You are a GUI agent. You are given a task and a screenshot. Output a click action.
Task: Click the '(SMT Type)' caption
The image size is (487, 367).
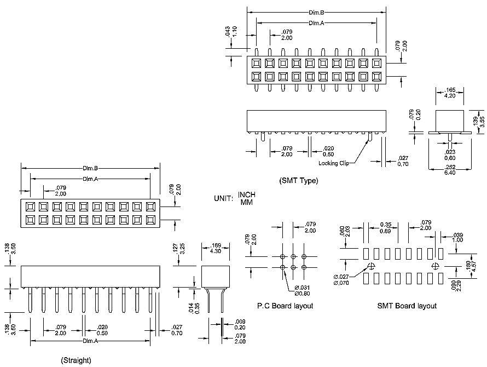click(298, 180)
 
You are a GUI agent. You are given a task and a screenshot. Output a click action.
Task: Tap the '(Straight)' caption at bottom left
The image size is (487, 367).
click(77, 360)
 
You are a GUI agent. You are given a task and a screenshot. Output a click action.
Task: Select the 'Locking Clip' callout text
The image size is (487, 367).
click(333, 163)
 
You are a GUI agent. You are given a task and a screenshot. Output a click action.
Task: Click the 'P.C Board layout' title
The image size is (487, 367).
click(285, 306)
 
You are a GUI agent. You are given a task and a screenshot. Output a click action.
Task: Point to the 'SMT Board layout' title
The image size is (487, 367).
click(407, 306)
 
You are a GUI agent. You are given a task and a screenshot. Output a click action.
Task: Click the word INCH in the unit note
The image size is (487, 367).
click(246, 195)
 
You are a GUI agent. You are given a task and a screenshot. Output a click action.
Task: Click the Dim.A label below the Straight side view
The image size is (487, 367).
click(90, 341)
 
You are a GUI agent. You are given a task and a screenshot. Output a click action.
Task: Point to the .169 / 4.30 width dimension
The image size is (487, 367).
click(216, 249)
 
